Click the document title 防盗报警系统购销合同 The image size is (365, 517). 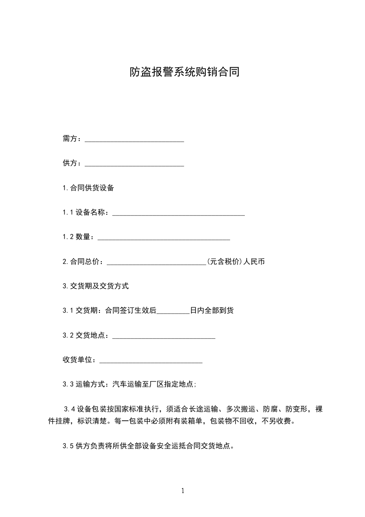point(184,72)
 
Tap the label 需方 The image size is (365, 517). point(71,139)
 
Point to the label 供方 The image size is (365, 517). point(71,164)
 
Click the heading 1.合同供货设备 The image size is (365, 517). point(88,188)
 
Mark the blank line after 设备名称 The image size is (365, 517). point(179,213)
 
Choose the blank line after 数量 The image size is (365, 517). point(164,237)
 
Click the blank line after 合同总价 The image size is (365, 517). point(156,262)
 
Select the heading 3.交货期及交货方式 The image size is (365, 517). point(96,286)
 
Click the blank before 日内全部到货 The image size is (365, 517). point(173,311)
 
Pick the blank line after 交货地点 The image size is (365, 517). point(164,336)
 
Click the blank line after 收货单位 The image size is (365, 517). point(151,360)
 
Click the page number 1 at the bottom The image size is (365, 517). point(183,491)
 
